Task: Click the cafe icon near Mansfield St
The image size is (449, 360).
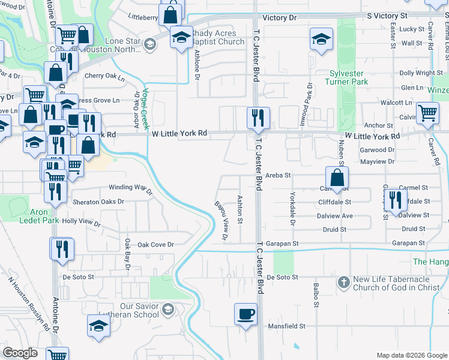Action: tap(246, 314)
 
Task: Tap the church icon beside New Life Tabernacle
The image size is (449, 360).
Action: tap(344, 281)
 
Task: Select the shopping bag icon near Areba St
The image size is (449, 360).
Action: tap(337, 178)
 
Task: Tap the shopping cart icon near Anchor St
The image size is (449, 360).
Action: tap(427, 112)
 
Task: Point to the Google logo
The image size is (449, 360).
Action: tap(20, 353)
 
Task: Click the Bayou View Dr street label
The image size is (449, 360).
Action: tap(221, 221)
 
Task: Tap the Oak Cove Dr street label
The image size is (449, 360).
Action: tap(155, 245)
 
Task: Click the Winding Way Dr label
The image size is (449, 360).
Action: tap(130, 188)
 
